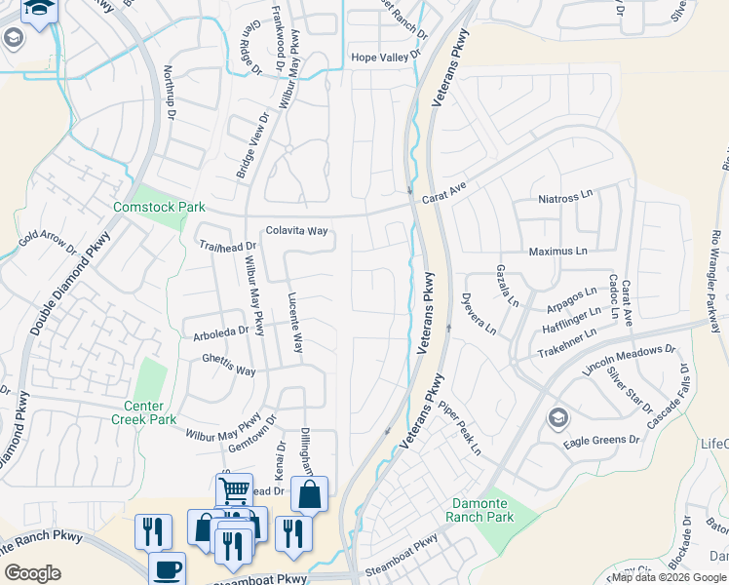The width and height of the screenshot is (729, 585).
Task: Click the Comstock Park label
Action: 145,207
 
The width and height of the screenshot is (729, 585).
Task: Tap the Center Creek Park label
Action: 150,412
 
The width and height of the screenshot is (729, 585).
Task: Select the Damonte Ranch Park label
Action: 481,509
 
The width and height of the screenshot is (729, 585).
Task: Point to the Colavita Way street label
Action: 295,232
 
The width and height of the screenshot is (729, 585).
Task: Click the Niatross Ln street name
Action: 565,197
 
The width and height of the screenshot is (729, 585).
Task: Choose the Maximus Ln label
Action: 558,251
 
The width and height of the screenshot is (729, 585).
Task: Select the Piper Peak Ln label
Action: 459,428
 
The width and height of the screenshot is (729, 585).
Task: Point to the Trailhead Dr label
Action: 226,247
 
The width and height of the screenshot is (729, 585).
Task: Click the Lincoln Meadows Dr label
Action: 629,361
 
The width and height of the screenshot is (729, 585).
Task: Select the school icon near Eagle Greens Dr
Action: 558,418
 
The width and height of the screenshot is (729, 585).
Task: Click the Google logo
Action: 34,573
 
